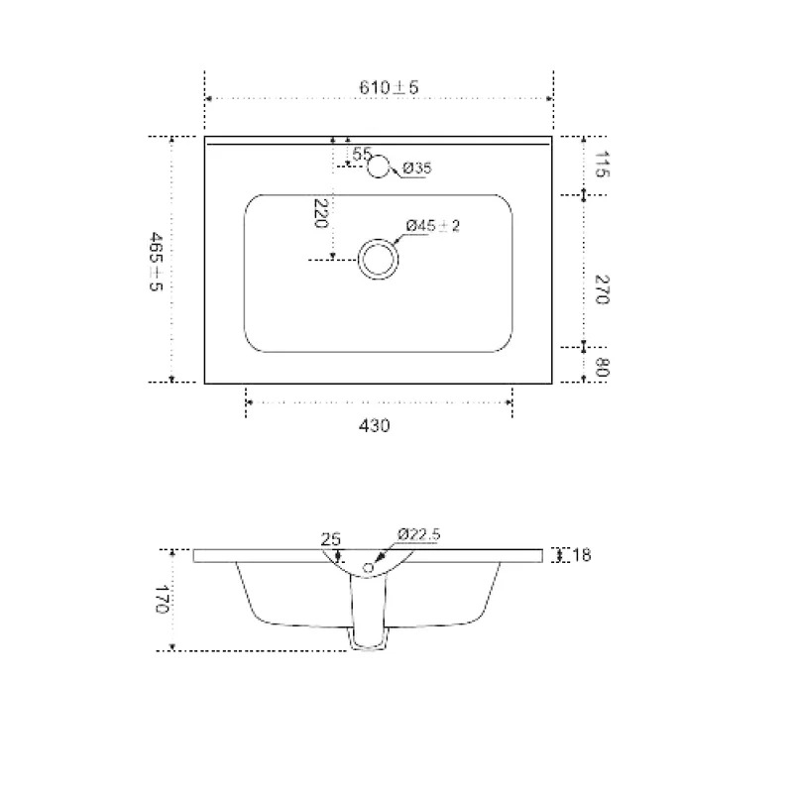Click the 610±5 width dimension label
(x=389, y=87)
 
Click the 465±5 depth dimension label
(x=156, y=262)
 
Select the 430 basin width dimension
(x=375, y=426)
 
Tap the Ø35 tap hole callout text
(x=417, y=168)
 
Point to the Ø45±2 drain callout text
(x=433, y=226)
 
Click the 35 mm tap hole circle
(x=379, y=155)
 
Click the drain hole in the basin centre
(x=379, y=239)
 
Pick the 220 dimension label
(x=320, y=213)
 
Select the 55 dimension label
(x=362, y=154)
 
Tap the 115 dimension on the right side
(x=602, y=164)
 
